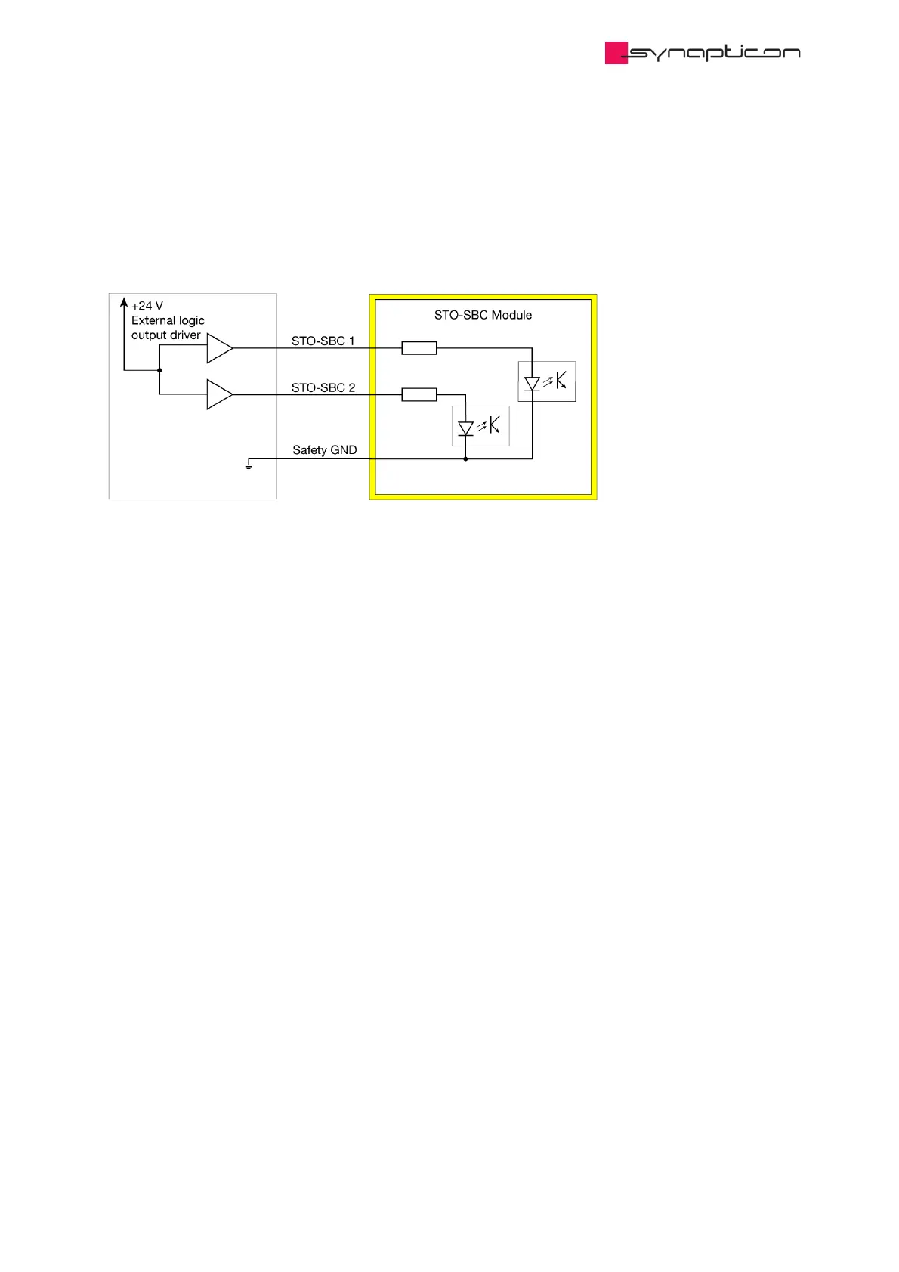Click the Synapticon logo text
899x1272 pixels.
(x=714, y=53)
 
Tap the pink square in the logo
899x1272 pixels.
(x=616, y=53)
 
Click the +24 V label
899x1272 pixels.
(x=147, y=306)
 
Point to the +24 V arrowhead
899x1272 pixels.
(x=124, y=302)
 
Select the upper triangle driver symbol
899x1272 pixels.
(x=219, y=348)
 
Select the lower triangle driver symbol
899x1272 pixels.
(x=219, y=394)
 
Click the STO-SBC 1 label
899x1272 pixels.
(x=323, y=341)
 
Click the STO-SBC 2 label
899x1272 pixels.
(x=323, y=387)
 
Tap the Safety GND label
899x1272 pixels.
(x=324, y=450)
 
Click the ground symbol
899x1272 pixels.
(x=249, y=465)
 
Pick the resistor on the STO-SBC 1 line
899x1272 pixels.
(x=419, y=348)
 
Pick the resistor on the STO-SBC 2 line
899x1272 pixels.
(x=419, y=394)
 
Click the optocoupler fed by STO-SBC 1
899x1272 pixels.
(x=547, y=381)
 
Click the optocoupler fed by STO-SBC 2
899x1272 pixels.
(x=480, y=426)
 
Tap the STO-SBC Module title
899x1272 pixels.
(x=483, y=315)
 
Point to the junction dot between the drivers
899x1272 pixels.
(x=159, y=370)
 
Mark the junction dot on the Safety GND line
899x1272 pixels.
(x=465, y=458)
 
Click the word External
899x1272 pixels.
(x=153, y=320)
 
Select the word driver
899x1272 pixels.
(x=184, y=335)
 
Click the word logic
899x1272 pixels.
(x=191, y=321)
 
